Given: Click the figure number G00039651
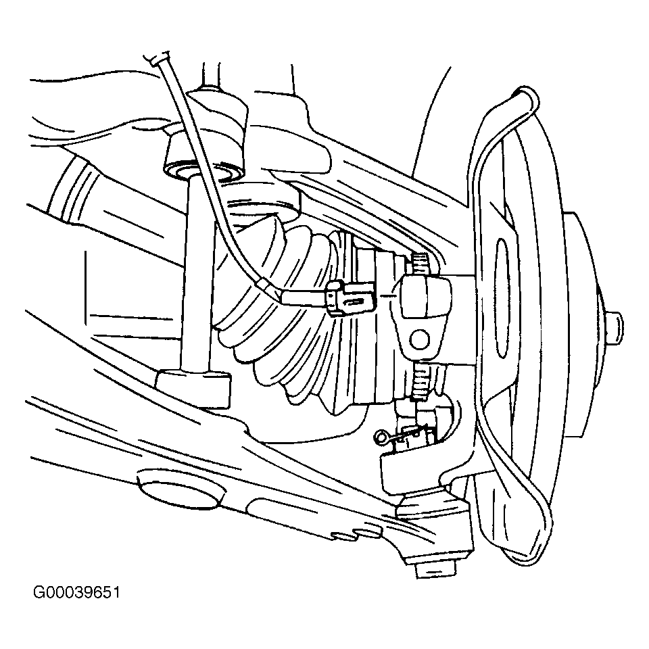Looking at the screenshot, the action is tap(76, 593).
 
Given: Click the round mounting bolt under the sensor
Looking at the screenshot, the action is tap(420, 339).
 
